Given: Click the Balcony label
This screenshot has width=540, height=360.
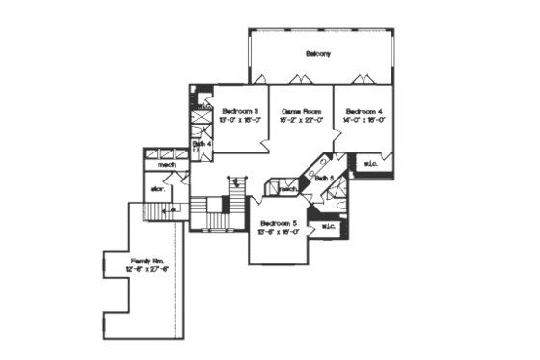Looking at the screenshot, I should click(x=318, y=54).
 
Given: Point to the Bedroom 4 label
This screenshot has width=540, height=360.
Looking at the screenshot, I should click(x=364, y=111).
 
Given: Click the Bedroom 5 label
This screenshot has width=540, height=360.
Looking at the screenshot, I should click(x=279, y=223).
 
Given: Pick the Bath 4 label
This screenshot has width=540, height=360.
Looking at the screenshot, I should click(x=202, y=144).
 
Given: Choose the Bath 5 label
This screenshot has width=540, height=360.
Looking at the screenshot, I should click(x=324, y=179).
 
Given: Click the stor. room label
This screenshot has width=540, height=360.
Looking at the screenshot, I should click(x=158, y=189).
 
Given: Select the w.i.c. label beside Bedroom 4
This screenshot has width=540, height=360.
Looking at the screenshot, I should click(x=371, y=164).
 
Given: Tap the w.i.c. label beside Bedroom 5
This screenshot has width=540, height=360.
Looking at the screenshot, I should click(x=327, y=227).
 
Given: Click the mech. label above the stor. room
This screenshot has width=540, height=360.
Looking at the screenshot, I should click(x=154, y=166).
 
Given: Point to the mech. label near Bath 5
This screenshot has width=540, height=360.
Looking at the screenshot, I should click(x=286, y=189).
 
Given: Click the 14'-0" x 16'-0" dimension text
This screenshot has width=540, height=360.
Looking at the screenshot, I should click(x=364, y=121).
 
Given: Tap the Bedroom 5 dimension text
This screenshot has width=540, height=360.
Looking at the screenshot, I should click(x=279, y=232).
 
